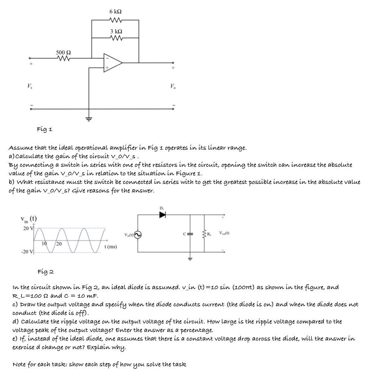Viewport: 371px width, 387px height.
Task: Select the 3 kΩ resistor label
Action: pos(115,31)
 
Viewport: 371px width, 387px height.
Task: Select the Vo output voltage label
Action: pos(173,87)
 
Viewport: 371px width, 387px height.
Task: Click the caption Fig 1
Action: pos(45,129)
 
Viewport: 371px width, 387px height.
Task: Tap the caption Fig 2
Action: pos(46,271)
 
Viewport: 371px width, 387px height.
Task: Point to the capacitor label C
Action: pos(183,234)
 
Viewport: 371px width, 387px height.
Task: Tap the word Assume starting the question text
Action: pos(20,147)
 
